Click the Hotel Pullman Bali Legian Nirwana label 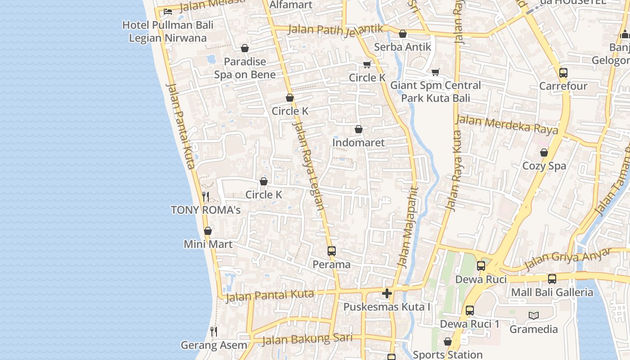click(x=167, y=31)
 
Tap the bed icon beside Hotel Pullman click(x=168, y=12)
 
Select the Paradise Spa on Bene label click(x=245, y=68)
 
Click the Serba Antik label click(x=402, y=47)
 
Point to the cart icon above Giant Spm click(x=435, y=72)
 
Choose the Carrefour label click(x=563, y=86)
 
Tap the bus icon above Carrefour click(x=563, y=73)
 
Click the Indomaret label click(x=358, y=143)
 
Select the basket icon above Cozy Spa click(x=544, y=153)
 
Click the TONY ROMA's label click(x=206, y=210)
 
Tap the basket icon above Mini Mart click(x=208, y=231)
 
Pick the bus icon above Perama click(x=332, y=251)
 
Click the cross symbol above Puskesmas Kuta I click(x=387, y=294)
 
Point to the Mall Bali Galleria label click(x=552, y=292)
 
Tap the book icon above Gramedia click(x=534, y=315)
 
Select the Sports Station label click(x=447, y=355)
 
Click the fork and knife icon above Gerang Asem click(x=214, y=332)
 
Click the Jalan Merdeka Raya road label click(x=507, y=125)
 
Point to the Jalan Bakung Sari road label click(x=307, y=339)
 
